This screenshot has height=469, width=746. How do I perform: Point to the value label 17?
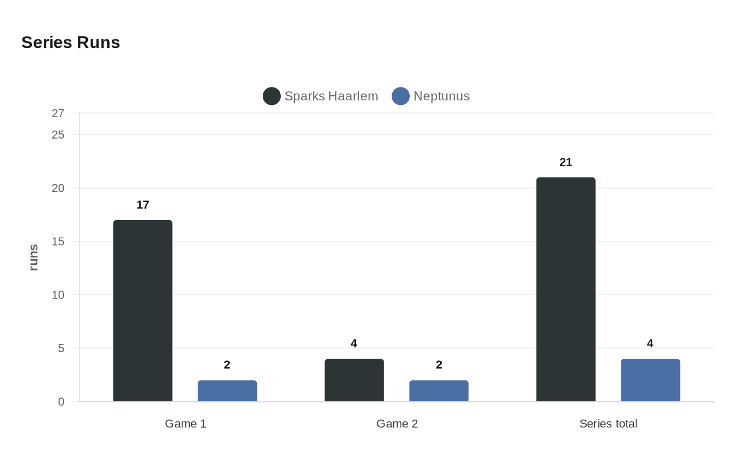pos(143,205)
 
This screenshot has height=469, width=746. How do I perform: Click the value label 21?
pos(566,163)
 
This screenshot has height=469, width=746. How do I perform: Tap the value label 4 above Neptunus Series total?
pos(650,344)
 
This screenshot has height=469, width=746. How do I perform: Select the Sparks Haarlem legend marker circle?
pos(272,96)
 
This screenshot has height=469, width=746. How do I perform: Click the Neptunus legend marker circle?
pos(401,96)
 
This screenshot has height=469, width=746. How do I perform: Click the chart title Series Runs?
pos(71,43)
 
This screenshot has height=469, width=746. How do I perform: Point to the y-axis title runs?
pos(34,257)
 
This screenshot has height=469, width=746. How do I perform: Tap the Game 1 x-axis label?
pos(185,424)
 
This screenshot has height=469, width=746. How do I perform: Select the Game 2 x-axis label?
pos(397,424)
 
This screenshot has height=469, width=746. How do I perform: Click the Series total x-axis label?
pos(608,424)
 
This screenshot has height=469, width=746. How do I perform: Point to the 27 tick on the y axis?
pos(58,114)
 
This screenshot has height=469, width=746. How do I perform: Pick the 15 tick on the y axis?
pos(58,241)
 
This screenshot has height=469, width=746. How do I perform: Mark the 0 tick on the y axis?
pos(61,402)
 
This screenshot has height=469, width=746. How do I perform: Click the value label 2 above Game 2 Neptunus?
pos(439,365)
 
